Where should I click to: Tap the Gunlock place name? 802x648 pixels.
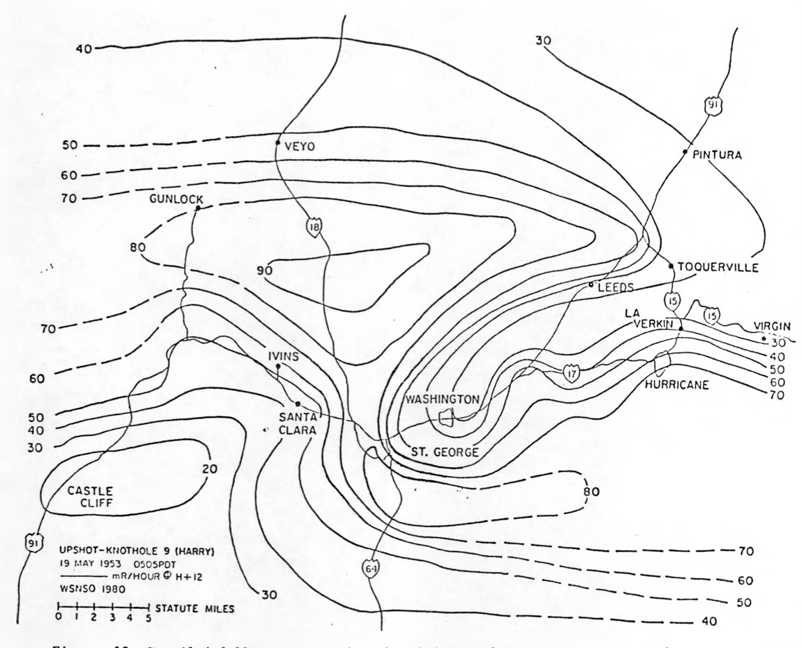(176, 200)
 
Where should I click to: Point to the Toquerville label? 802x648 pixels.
(718, 268)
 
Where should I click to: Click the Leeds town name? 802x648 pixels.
(616, 287)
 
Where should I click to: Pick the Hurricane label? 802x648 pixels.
(676, 385)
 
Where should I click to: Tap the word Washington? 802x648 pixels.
(443, 399)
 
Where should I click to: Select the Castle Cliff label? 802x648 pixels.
(90, 497)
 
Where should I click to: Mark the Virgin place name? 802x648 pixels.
(771, 326)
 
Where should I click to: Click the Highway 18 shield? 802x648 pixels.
(314, 226)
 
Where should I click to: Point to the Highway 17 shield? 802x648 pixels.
(571, 373)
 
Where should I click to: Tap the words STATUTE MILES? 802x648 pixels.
(194, 609)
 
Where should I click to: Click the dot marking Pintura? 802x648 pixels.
(685, 152)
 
